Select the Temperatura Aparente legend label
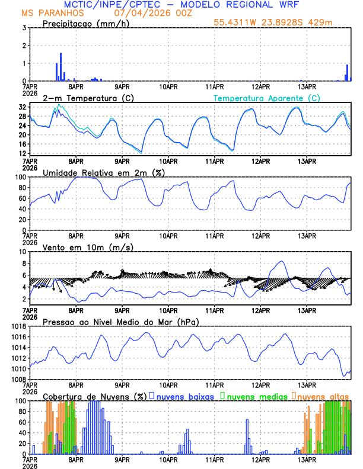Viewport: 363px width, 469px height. pos(266,98)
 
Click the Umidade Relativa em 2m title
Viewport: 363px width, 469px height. pos(103,172)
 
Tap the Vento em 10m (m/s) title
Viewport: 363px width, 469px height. pos(88,247)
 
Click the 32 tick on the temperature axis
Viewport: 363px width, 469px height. pos(22,107)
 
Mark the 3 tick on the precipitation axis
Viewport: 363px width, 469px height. pos(24,28)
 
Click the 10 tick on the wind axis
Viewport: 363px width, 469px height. pos(22,252)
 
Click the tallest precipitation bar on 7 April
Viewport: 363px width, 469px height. pos(60,58)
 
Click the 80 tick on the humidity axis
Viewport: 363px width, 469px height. pos(22,188)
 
